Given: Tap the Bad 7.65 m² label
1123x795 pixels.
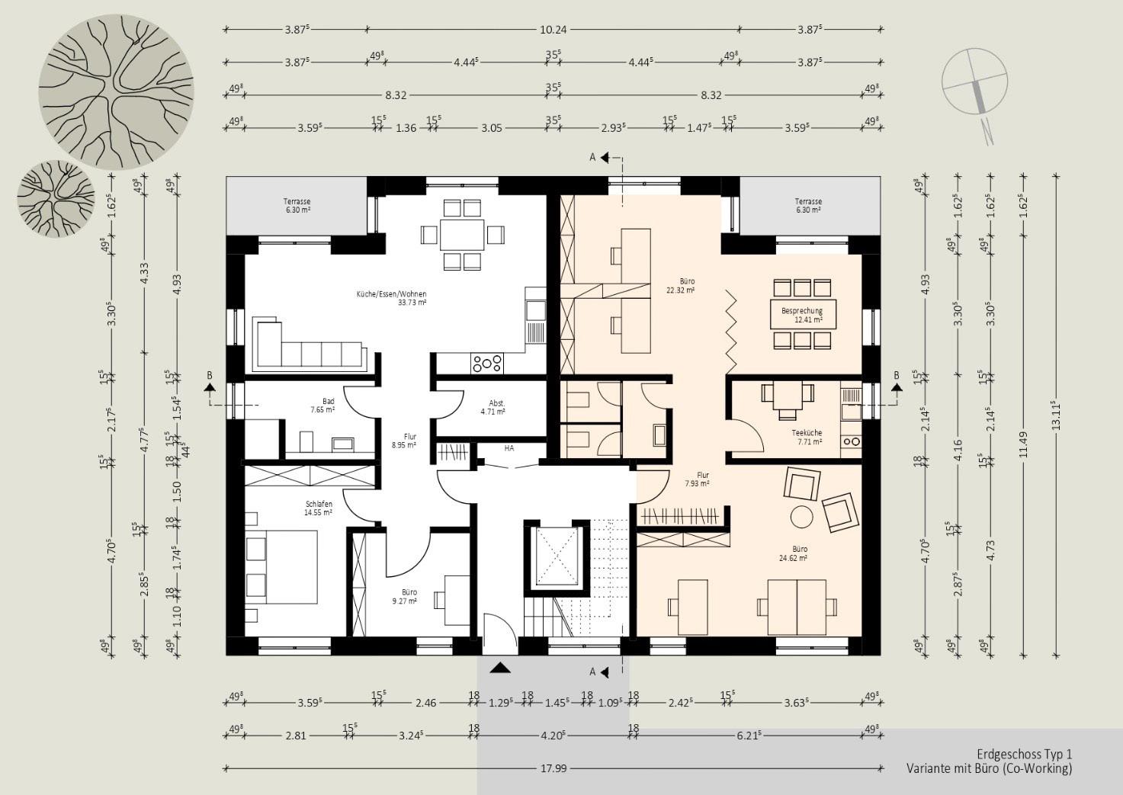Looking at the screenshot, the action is pyautogui.click(x=322, y=405).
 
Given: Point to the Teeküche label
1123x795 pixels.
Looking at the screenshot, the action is pyautogui.click(x=807, y=433).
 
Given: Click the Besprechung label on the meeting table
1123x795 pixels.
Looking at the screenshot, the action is pyautogui.click(x=802, y=311).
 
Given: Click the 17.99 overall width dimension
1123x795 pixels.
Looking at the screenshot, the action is pyautogui.click(x=553, y=768).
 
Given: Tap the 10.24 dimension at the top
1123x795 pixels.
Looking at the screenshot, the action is pyautogui.click(x=553, y=30).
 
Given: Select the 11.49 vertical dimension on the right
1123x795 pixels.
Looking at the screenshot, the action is pyautogui.click(x=1024, y=444).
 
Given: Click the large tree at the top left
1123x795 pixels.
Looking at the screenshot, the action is pyautogui.click(x=116, y=91).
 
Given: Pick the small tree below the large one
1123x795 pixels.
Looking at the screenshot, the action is pyautogui.click(x=56, y=199).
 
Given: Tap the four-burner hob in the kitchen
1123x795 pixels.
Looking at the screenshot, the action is pyautogui.click(x=487, y=364).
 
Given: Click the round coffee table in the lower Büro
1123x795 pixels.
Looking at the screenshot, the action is pyautogui.click(x=802, y=516).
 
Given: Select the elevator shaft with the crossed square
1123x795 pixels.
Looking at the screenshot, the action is pyautogui.click(x=557, y=556).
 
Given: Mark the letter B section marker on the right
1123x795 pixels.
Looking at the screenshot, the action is pyautogui.click(x=897, y=376).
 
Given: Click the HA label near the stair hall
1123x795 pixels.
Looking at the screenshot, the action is pyautogui.click(x=509, y=448).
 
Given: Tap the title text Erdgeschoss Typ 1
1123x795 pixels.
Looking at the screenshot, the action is pyautogui.click(x=1024, y=754).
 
